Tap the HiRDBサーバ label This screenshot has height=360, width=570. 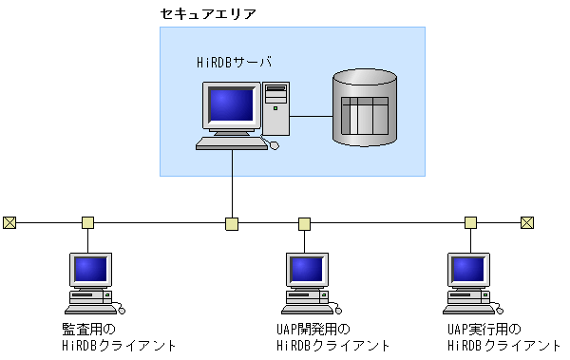(234, 63)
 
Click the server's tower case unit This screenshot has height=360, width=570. (275, 109)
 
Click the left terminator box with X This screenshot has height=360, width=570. (9, 223)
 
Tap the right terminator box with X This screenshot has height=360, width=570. (527, 223)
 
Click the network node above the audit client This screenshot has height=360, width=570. (87, 223)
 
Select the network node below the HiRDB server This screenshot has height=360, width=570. (232, 224)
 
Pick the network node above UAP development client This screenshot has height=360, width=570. (305, 224)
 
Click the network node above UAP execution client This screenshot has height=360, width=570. (470, 223)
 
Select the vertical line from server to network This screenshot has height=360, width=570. (232, 185)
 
